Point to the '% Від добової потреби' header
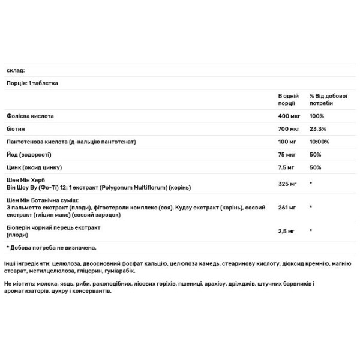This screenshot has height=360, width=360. [326, 99]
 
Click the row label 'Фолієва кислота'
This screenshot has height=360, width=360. [31, 115]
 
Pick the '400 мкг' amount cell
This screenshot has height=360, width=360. [288, 115]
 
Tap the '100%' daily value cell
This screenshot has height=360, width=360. [316, 115]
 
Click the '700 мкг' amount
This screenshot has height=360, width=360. [288, 128]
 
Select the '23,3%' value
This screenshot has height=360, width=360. [317, 128]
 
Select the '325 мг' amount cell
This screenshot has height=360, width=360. [287, 184]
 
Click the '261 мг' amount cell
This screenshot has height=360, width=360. [286, 207]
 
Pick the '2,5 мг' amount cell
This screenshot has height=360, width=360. [286, 230]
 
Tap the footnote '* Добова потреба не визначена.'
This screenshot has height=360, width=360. [51, 247]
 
